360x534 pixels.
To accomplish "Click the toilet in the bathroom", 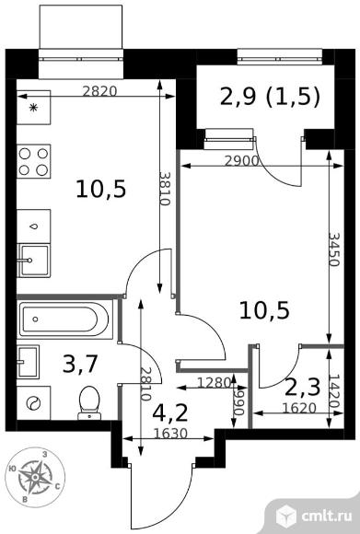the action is point(89,403).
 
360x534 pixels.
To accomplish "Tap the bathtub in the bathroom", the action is point(64,319).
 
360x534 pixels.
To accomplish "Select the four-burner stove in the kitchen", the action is point(33,161).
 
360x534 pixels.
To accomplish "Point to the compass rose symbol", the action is point(35,477).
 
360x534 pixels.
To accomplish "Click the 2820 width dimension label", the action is point(99,91).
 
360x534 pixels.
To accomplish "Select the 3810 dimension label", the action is point(165,189).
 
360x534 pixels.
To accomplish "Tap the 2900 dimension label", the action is point(242,161).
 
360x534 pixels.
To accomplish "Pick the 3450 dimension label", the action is point(334,250).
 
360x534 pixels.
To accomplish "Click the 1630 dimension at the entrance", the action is point(170,434).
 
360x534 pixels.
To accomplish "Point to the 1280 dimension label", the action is point(215,383).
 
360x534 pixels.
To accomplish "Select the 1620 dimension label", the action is point(300,408).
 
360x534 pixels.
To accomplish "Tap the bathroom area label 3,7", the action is point(81,364).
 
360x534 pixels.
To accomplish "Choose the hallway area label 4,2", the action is point(170,413).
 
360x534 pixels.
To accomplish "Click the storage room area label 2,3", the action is point(302,388).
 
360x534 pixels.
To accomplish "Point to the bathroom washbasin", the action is point(28,362).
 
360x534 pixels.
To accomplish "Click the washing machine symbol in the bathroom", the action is point(34,403).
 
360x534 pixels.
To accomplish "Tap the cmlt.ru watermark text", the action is point(326,516).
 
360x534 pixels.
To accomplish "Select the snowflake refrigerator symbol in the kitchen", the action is point(33,108).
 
